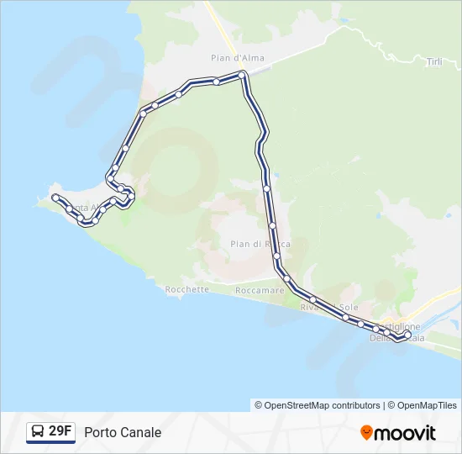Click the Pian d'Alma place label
tap(227, 58)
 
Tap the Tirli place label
tap(433, 62)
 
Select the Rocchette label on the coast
tap(186, 289)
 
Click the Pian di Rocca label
tap(260, 244)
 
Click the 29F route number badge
tap(60, 431)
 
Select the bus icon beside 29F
tap(38, 432)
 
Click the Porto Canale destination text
tap(123, 433)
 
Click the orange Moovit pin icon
tap(366, 433)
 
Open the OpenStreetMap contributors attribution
tap(318, 405)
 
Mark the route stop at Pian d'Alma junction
tap(242, 76)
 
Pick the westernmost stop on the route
tap(55, 197)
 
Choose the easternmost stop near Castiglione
tap(408, 335)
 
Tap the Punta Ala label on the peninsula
tap(82, 207)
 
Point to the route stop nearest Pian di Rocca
tap(272, 225)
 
